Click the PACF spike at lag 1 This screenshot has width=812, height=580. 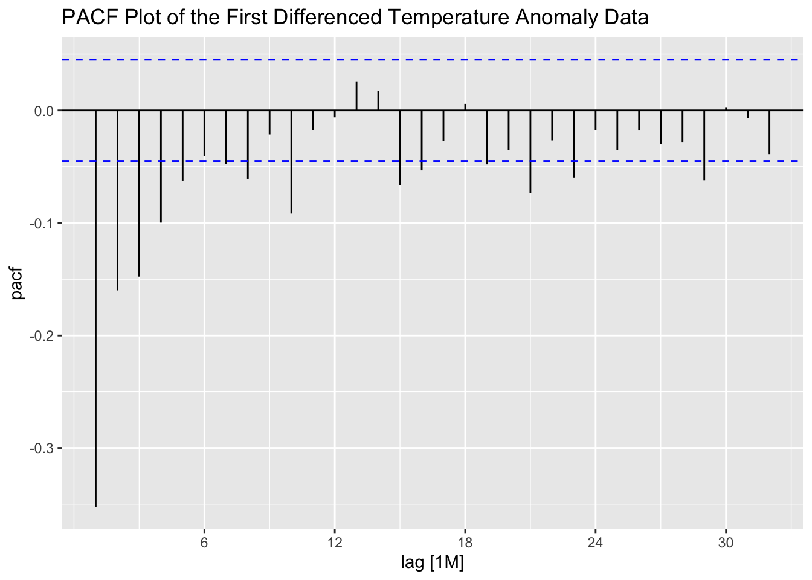[x=95, y=308]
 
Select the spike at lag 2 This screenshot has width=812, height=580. [x=117, y=200]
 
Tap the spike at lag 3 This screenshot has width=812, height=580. [x=139, y=193]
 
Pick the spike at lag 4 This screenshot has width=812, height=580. [x=161, y=166]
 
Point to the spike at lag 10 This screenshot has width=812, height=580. [x=291, y=162]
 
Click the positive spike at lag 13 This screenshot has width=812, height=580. [x=356, y=96]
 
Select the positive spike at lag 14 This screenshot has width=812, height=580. [x=378, y=101]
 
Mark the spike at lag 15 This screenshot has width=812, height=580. [x=400, y=147]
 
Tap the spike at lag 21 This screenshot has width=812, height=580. [x=530, y=152]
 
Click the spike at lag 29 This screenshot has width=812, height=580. [x=704, y=145]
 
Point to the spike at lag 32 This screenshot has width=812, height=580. [x=770, y=132]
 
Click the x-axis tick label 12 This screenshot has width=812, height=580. [x=335, y=543]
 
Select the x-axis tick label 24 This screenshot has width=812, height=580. [x=596, y=543]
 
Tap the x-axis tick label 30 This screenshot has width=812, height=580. [x=726, y=543]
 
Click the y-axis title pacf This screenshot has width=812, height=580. [x=18, y=285]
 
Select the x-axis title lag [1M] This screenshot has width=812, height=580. [x=433, y=563]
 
